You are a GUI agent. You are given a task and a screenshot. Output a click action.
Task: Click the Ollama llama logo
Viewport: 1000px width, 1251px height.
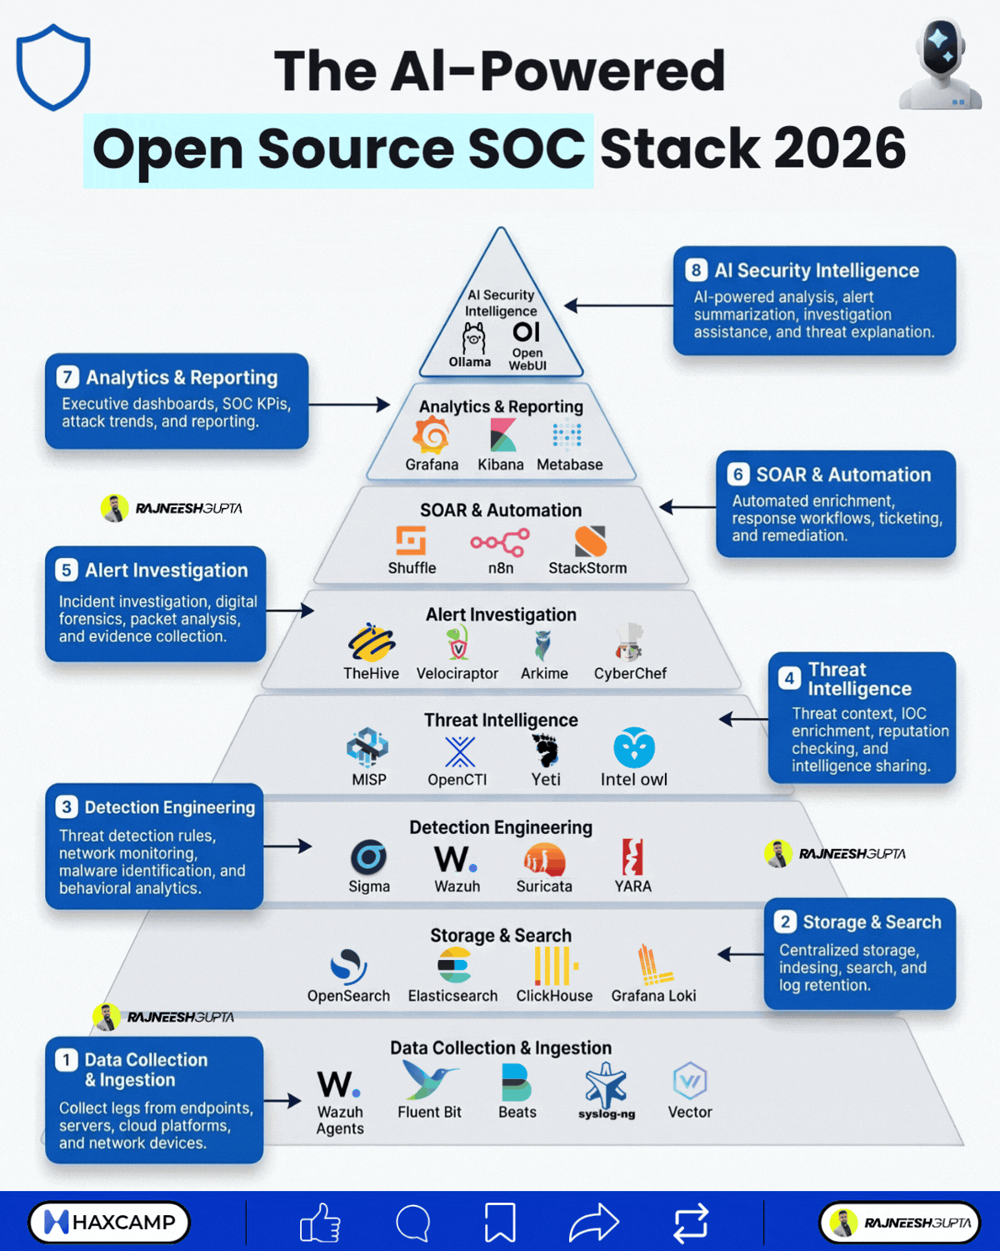click(x=473, y=339)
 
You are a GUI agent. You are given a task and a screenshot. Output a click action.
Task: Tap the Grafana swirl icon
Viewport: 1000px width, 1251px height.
click(x=431, y=435)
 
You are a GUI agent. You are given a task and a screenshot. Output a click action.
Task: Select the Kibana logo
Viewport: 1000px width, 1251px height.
click(x=502, y=435)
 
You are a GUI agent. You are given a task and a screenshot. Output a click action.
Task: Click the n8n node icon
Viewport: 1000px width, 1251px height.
click(x=500, y=542)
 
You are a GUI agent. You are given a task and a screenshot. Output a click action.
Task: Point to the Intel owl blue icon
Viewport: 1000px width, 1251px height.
click(x=634, y=747)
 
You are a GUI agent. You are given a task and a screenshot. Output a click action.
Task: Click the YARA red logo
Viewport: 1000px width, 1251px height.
click(x=632, y=857)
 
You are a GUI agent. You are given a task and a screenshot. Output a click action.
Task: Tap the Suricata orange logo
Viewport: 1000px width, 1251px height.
click(x=544, y=859)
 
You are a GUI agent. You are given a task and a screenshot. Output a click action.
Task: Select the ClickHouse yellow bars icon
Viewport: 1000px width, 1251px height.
click(x=556, y=966)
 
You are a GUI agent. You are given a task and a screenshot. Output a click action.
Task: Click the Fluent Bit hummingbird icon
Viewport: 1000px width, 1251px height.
click(x=429, y=1080)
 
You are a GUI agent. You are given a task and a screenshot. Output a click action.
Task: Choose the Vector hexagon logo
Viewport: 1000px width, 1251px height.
click(x=690, y=1081)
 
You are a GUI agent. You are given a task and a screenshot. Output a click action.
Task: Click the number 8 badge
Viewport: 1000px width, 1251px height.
click(x=696, y=269)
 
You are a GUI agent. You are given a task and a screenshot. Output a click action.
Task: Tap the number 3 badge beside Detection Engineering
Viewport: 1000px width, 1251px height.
click(x=66, y=806)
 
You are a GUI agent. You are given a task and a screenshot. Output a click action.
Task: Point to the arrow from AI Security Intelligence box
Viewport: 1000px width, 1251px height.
click(x=619, y=305)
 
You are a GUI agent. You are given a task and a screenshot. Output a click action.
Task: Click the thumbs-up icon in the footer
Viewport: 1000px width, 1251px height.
click(x=320, y=1223)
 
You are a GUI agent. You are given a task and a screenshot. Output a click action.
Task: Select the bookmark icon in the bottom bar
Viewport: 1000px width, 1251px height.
click(x=500, y=1223)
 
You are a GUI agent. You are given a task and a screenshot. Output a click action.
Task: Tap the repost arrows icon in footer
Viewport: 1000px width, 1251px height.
click(x=690, y=1222)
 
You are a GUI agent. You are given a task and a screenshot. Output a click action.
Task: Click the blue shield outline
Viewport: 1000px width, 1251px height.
click(x=52, y=67)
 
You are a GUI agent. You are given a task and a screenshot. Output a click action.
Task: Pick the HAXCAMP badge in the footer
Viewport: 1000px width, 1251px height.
click(x=109, y=1222)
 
